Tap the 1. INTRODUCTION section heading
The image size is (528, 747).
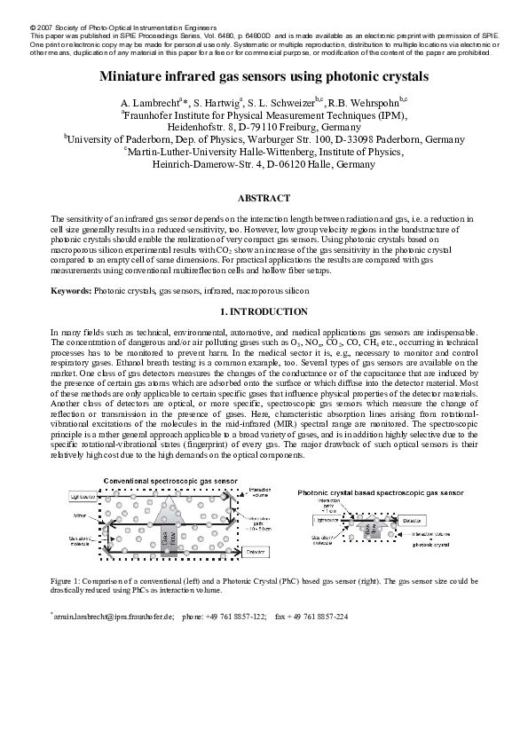click(x=264, y=312)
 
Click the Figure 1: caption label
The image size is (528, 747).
click(x=67, y=580)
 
